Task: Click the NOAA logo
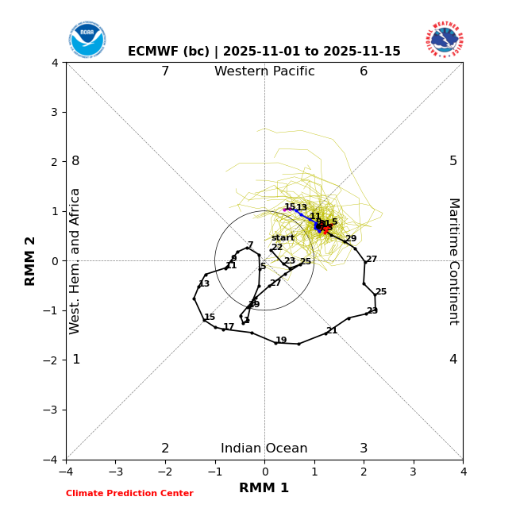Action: (x=87, y=40)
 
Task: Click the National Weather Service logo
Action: (x=445, y=40)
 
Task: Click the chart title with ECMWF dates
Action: (x=264, y=52)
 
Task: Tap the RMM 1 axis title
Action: (x=264, y=488)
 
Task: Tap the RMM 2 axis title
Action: (x=31, y=260)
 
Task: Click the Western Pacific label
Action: (x=264, y=71)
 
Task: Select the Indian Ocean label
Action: (x=264, y=449)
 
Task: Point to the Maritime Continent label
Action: (x=453, y=260)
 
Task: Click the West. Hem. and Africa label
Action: (x=75, y=260)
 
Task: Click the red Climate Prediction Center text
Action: (x=129, y=494)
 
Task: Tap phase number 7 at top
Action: (x=165, y=71)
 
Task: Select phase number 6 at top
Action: (x=364, y=71)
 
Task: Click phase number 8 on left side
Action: (x=75, y=161)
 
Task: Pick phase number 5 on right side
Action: (x=453, y=161)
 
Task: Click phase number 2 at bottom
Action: (x=165, y=449)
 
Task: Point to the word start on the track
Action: (x=283, y=238)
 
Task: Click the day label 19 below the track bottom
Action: (x=281, y=341)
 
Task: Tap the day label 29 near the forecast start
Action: (x=350, y=239)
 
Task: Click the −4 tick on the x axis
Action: (x=66, y=472)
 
